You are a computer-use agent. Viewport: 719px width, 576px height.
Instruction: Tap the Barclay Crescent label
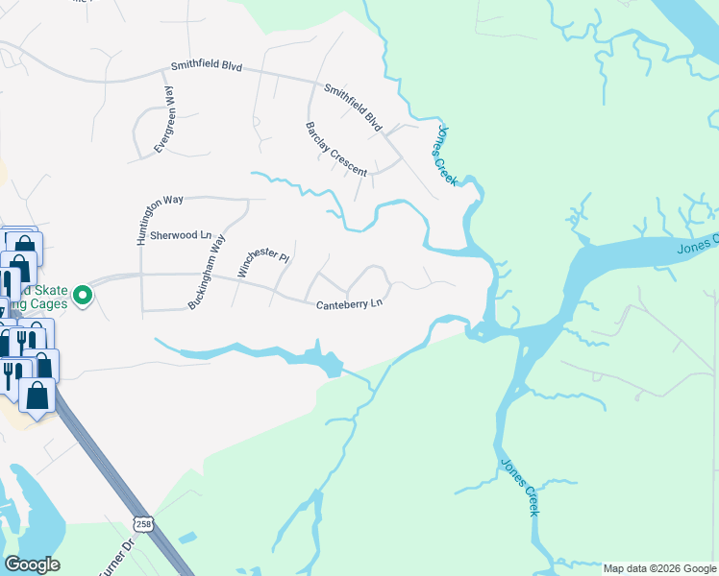click(336, 149)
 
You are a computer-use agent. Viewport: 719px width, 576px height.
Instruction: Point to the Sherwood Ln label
click(186, 235)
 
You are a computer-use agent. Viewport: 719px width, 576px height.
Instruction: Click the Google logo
click(32, 564)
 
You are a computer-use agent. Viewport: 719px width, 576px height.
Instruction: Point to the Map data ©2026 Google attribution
click(659, 568)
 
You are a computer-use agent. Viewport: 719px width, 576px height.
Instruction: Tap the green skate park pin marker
click(83, 296)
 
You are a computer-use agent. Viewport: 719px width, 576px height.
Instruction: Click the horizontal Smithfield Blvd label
click(207, 67)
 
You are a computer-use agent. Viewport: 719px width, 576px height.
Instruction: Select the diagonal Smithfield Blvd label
click(353, 108)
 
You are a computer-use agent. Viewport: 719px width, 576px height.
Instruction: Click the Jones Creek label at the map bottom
click(520, 487)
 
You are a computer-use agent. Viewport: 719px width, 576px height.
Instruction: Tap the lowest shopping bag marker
click(37, 396)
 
